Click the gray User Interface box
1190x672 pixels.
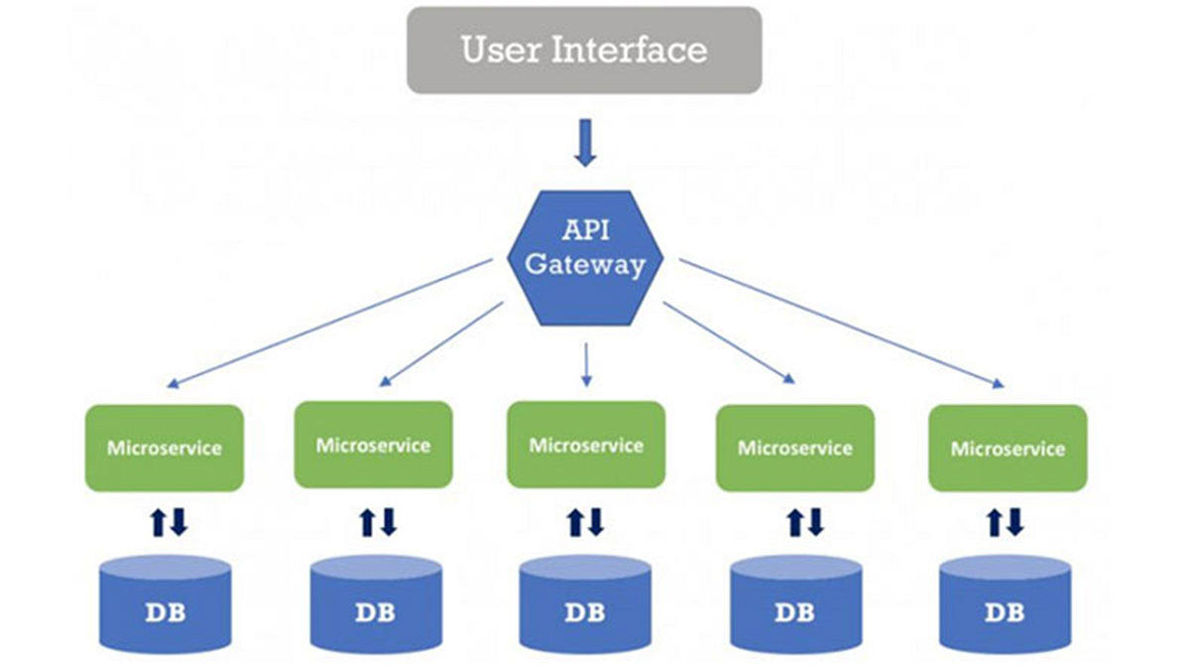[x=584, y=50]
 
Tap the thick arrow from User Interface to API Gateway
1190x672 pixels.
[x=584, y=142]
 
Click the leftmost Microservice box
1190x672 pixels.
[x=165, y=447]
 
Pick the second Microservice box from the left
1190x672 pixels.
[x=373, y=445]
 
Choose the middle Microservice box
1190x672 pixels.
[x=585, y=445]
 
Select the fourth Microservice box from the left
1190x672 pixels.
[x=794, y=448]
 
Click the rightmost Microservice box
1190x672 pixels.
[x=1008, y=448]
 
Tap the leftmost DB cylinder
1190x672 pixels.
[x=165, y=604]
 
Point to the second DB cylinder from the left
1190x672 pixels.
[x=375, y=604]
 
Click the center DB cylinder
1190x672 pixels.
[x=585, y=604]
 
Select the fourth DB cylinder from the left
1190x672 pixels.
[x=795, y=604]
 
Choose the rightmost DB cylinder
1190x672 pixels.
[x=1005, y=604]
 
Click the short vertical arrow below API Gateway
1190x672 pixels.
[x=586, y=363]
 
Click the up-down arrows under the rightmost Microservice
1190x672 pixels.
[x=1005, y=522]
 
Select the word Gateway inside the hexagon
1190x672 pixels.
[x=584, y=265]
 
